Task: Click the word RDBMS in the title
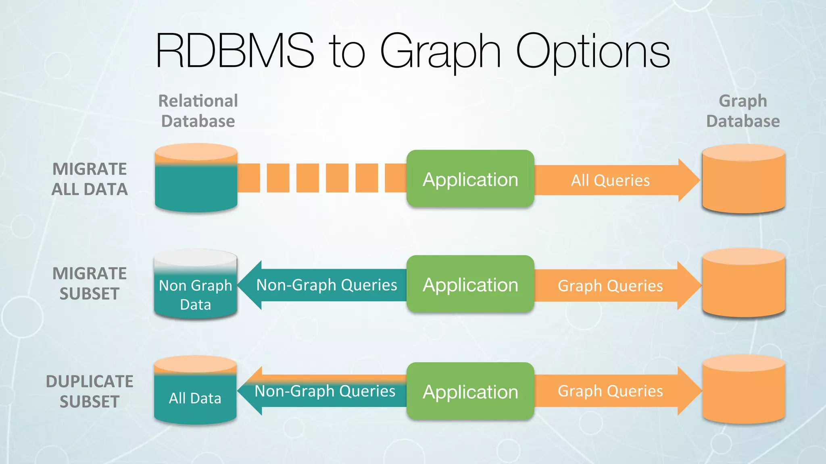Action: tap(235, 52)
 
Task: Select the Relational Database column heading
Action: tap(198, 111)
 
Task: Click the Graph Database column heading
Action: tap(743, 111)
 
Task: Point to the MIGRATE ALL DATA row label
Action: tap(90, 179)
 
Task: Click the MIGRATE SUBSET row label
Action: tap(90, 284)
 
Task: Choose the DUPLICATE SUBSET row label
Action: tap(90, 391)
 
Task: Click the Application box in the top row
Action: tap(470, 179)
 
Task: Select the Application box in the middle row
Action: tap(470, 284)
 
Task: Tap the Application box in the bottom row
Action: tap(470, 391)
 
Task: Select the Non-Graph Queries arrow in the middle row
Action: tap(326, 285)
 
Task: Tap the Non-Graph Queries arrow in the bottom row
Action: tap(325, 391)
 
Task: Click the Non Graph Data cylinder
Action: tap(196, 290)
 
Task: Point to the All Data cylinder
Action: tap(195, 395)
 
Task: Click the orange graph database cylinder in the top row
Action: tap(743, 181)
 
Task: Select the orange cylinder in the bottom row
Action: tap(743, 393)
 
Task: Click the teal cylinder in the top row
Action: tap(196, 185)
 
